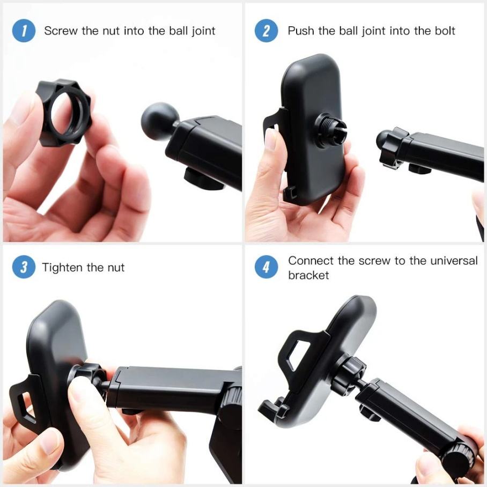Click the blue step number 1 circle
(x=24, y=31)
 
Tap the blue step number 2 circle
(x=266, y=31)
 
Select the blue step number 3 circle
(x=24, y=267)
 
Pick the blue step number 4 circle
(x=266, y=267)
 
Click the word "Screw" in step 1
(x=60, y=31)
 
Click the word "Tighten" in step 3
(x=62, y=268)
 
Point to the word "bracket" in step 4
(x=308, y=275)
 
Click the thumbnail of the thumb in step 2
(x=270, y=139)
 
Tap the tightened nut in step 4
(x=349, y=374)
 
